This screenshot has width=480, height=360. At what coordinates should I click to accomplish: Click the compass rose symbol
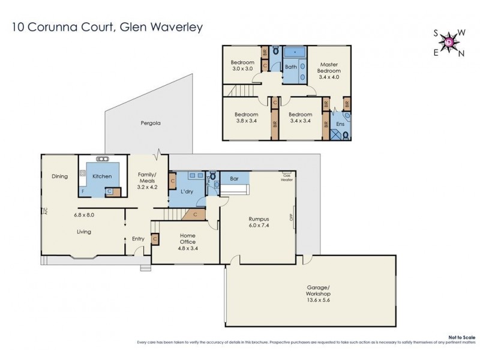click(x=449, y=42)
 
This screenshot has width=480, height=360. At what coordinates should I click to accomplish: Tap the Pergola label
click(x=151, y=122)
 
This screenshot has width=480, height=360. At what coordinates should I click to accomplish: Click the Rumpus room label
click(x=259, y=218)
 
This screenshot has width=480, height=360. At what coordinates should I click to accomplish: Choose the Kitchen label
click(x=102, y=176)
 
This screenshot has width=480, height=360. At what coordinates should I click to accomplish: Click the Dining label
click(x=59, y=176)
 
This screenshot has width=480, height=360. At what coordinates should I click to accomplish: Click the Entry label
click(x=138, y=239)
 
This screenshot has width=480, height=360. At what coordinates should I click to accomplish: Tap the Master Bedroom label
click(x=329, y=67)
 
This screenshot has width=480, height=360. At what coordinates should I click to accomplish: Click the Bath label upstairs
click(x=290, y=67)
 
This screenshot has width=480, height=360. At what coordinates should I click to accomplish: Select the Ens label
click(x=340, y=124)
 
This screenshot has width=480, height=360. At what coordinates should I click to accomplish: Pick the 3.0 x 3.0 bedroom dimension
click(x=244, y=68)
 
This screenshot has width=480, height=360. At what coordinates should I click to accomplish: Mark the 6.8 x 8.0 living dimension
click(x=84, y=214)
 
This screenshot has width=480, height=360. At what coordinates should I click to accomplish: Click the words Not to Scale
click(x=461, y=337)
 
